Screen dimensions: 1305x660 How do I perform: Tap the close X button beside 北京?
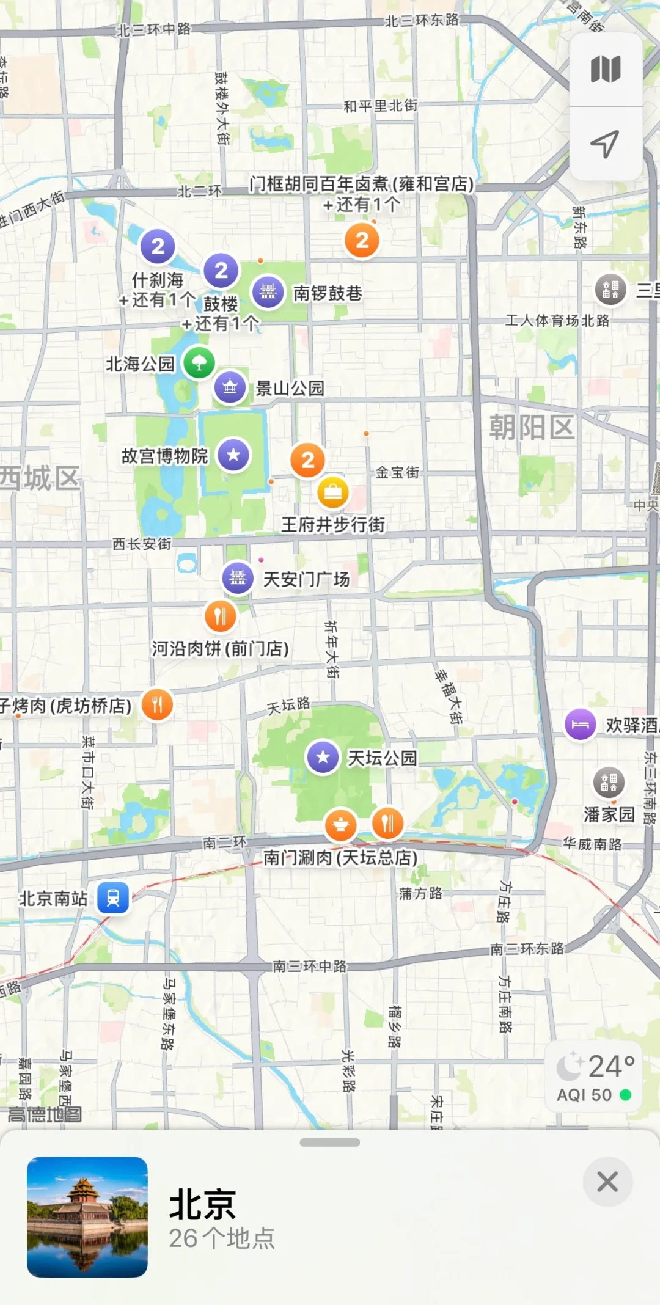click(x=607, y=1182)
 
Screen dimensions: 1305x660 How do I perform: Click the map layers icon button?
click(x=606, y=69)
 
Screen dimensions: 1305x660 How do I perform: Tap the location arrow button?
click(x=605, y=144)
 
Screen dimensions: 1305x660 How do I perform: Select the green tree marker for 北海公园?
click(x=199, y=363)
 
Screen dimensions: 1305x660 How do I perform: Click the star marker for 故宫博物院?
click(x=233, y=455)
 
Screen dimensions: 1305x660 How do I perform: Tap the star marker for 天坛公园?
click(x=323, y=757)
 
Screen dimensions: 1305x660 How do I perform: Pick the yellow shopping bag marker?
click(x=333, y=492)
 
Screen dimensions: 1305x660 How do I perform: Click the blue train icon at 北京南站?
click(x=113, y=897)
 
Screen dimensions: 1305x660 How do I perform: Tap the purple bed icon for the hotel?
click(x=580, y=725)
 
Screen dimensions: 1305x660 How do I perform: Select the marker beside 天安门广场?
click(x=238, y=577)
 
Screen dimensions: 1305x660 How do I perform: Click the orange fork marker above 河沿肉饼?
click(x=220, y=616)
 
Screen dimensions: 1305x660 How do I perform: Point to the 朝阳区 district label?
click(x=532, y=426)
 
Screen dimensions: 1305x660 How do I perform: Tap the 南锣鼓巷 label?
click(x=328, y=293)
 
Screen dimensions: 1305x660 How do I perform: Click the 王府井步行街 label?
click(x=333, y=524)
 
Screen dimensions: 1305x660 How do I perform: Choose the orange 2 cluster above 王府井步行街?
click(x=308, y=460)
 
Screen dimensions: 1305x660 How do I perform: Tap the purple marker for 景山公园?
click(x=230, y=387)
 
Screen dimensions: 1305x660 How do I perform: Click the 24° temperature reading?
click(x=610, y=1066)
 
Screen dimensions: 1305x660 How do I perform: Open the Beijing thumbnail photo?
click(x=87, y=1216)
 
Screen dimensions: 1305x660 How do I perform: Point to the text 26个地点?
click(x=222, y=1238)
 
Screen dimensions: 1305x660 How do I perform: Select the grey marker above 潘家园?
click(x=609, y=781)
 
